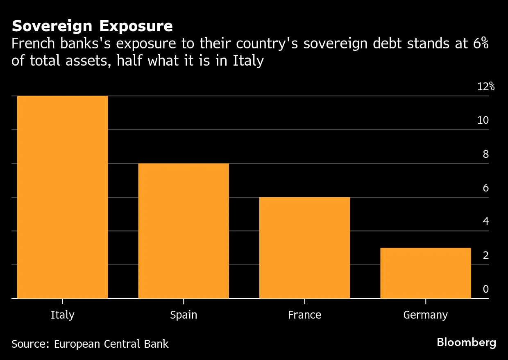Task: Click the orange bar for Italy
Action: click(x=62, y=197)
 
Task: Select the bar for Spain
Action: click(x=183, y=231)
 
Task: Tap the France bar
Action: click(x=304, y=248)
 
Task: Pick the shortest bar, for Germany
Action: click(x=426, y=273)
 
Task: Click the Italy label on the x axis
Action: click(x=62, y=315)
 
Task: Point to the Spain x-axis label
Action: click(x=183, y=315)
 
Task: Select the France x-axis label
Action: click(x=304, y=315)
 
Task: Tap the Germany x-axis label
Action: click(x=426, y=315)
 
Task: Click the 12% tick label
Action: click(x=486, y=87)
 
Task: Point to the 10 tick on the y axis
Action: click(x=483, y=120)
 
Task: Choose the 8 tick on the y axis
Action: click(x=486, y=154)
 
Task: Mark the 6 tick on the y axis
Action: click(x=486, y=188)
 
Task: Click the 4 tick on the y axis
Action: click(x=486, y=221)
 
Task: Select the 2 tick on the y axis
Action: click(x=486, y=255)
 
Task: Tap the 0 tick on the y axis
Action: click(x=486, y=289)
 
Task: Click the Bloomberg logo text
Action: click(x=466, y=342)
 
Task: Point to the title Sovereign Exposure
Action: click(x=92, y=26)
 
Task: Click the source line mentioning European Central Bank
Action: click(x=90, y=344)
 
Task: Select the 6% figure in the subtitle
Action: click(x=479, y=43)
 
